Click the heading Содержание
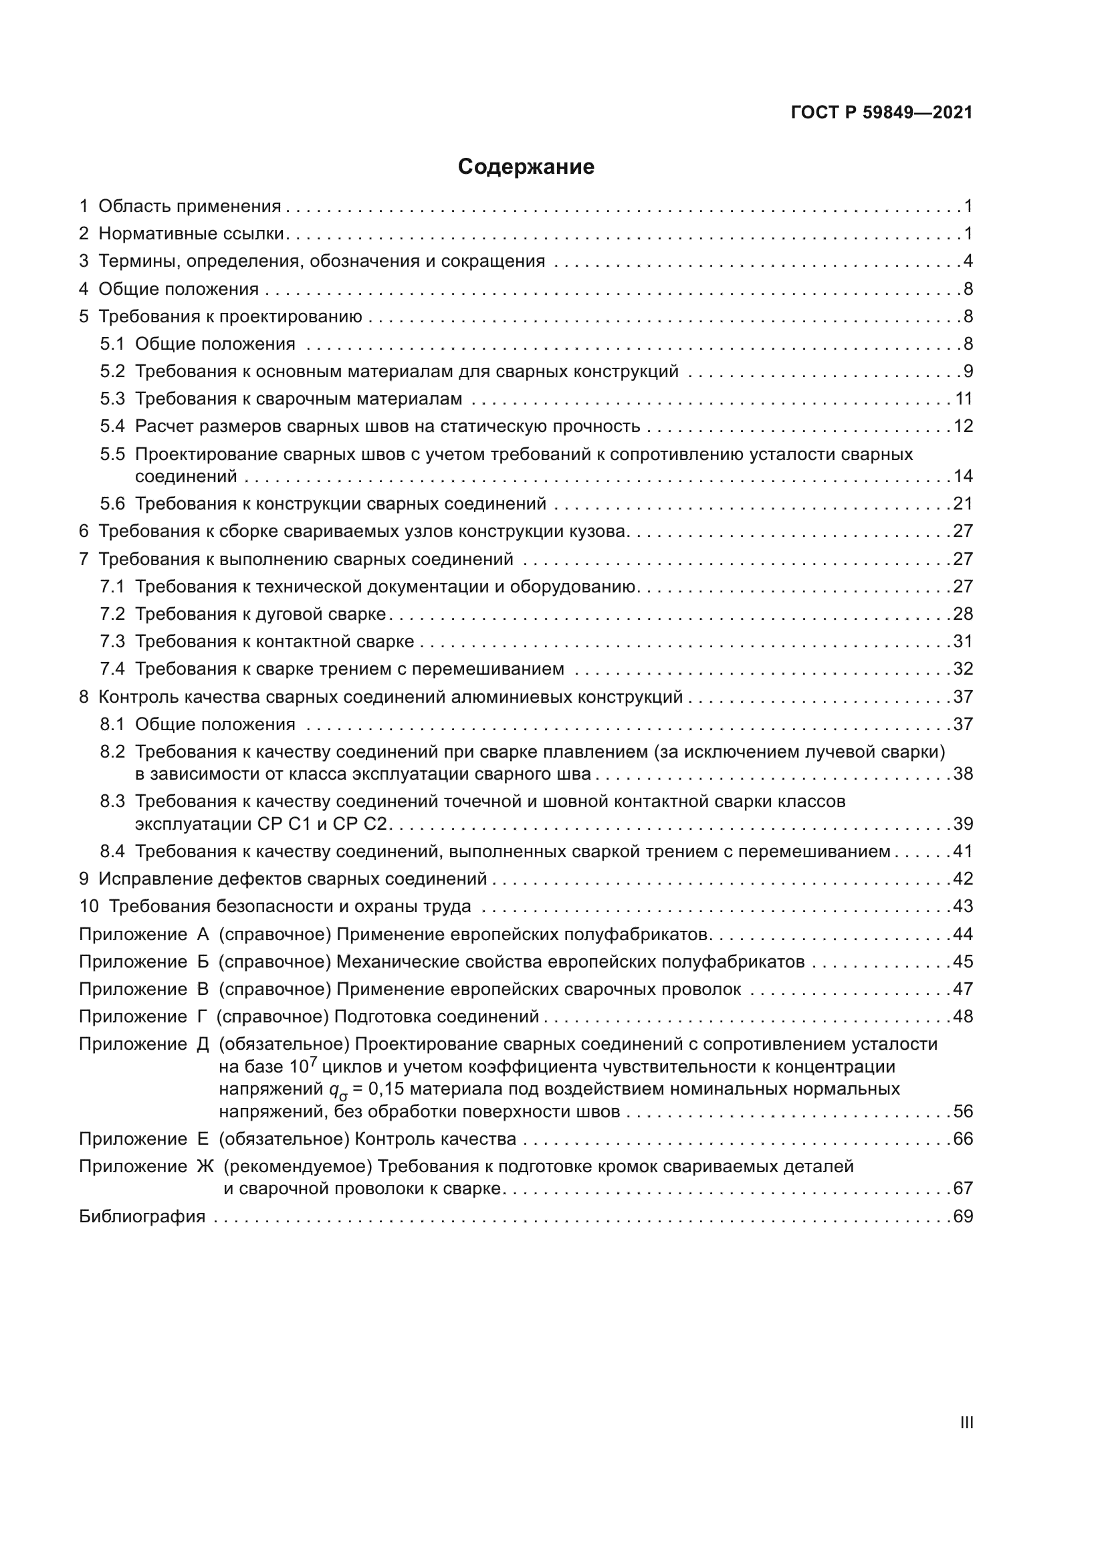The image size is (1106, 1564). click(526, 167)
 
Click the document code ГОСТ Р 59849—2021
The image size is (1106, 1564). click(881, 112)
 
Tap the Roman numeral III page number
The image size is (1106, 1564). click(966, 1423)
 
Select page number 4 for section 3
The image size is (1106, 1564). click(968, 261)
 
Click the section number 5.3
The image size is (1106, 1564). click(112, 399)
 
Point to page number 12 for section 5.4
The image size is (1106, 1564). click(963, 427)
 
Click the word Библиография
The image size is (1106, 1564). click(142, 1216)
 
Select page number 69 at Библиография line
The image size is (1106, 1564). click(963, 1216)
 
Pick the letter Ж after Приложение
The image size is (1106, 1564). click(205, 1167)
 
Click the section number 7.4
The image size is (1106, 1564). click(112, 669)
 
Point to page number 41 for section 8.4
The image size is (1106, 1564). click(963, 851)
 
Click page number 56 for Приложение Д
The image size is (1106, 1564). click(963, 1112)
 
